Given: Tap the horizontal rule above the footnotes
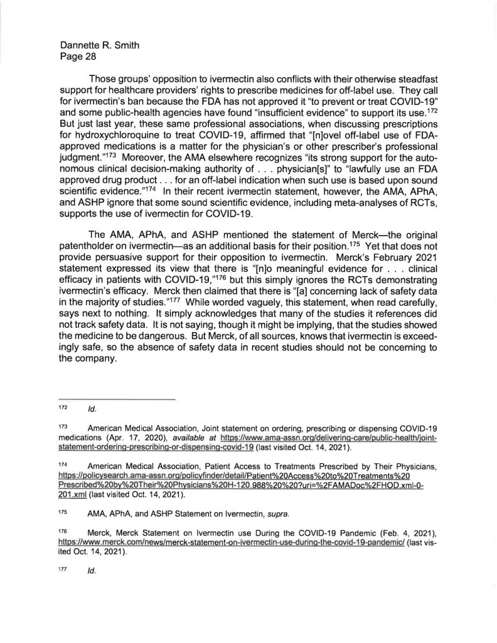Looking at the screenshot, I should tap(119, 400).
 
